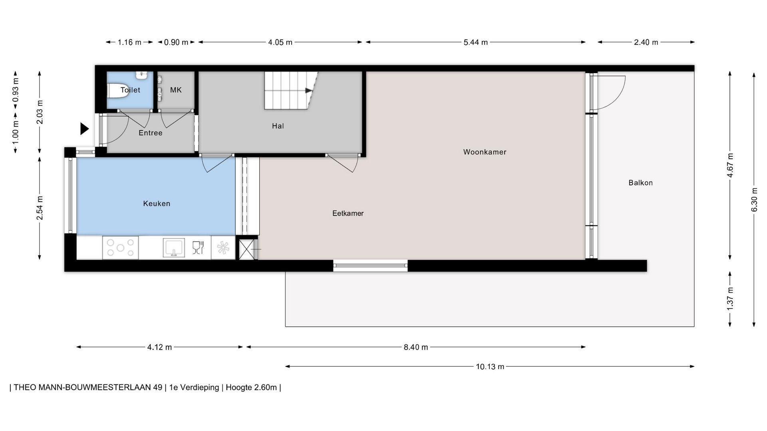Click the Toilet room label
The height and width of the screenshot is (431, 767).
coord(130,90)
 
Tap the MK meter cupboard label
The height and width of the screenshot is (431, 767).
coord(176,90)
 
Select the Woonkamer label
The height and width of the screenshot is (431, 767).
coord(485,152)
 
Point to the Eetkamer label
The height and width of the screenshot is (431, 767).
coord(348,214)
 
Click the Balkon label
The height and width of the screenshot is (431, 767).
coord(640,183)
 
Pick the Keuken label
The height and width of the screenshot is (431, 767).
coord(157,204)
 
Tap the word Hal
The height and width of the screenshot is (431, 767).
coord(278,126)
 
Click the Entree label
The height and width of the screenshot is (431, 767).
coord(150,133)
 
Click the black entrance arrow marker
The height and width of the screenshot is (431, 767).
coord(84,129)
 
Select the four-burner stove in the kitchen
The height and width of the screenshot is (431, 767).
coord(120,247)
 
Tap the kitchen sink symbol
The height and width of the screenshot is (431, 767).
coord(174,247)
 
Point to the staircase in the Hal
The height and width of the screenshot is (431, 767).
coord(291,91)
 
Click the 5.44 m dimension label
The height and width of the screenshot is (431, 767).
coord(475,42)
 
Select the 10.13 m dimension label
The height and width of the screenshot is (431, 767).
coord(490,367)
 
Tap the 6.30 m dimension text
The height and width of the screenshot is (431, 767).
coord(754,200)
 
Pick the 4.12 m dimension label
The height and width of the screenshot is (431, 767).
coord(159,347)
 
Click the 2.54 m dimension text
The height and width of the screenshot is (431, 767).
coord(40,208)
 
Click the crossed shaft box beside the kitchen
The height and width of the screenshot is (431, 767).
coord(248,249)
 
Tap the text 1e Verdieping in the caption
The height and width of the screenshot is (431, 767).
coord(194,388)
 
